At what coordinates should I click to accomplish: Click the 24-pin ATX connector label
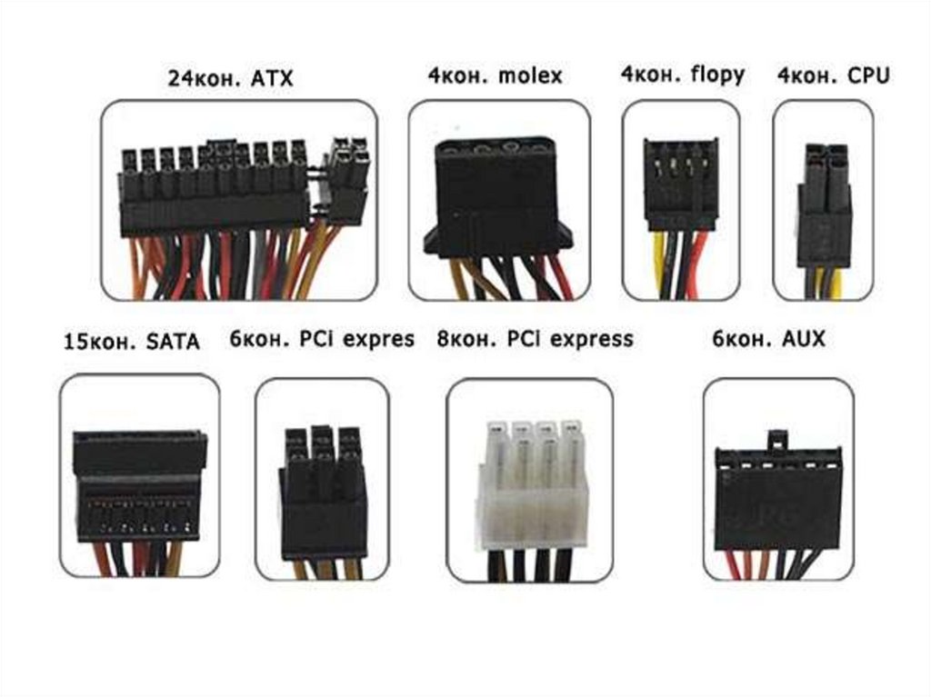[x=230, y=78]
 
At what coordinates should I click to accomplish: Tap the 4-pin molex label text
[x=495, y=75]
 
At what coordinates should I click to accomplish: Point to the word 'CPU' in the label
[x=867, y=75]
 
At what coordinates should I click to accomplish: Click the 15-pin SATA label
[x=131, y=343]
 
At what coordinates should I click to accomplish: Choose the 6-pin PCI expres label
[x=322, y=339]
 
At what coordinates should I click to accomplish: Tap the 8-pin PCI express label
[x=534, y=339]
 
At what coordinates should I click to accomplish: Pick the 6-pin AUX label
[x=770, y=339]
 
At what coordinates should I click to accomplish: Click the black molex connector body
[x=496, y=195]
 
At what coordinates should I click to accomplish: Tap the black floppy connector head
[x=681, y=185]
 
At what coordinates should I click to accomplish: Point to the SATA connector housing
[x=138, y=486]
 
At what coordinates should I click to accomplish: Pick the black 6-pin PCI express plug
[x=323, y=491]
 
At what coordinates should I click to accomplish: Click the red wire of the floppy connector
[x=700, y=264]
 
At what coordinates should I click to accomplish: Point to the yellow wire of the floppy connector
[x=657, y=264]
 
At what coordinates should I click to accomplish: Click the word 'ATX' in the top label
[x=272, y=78]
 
